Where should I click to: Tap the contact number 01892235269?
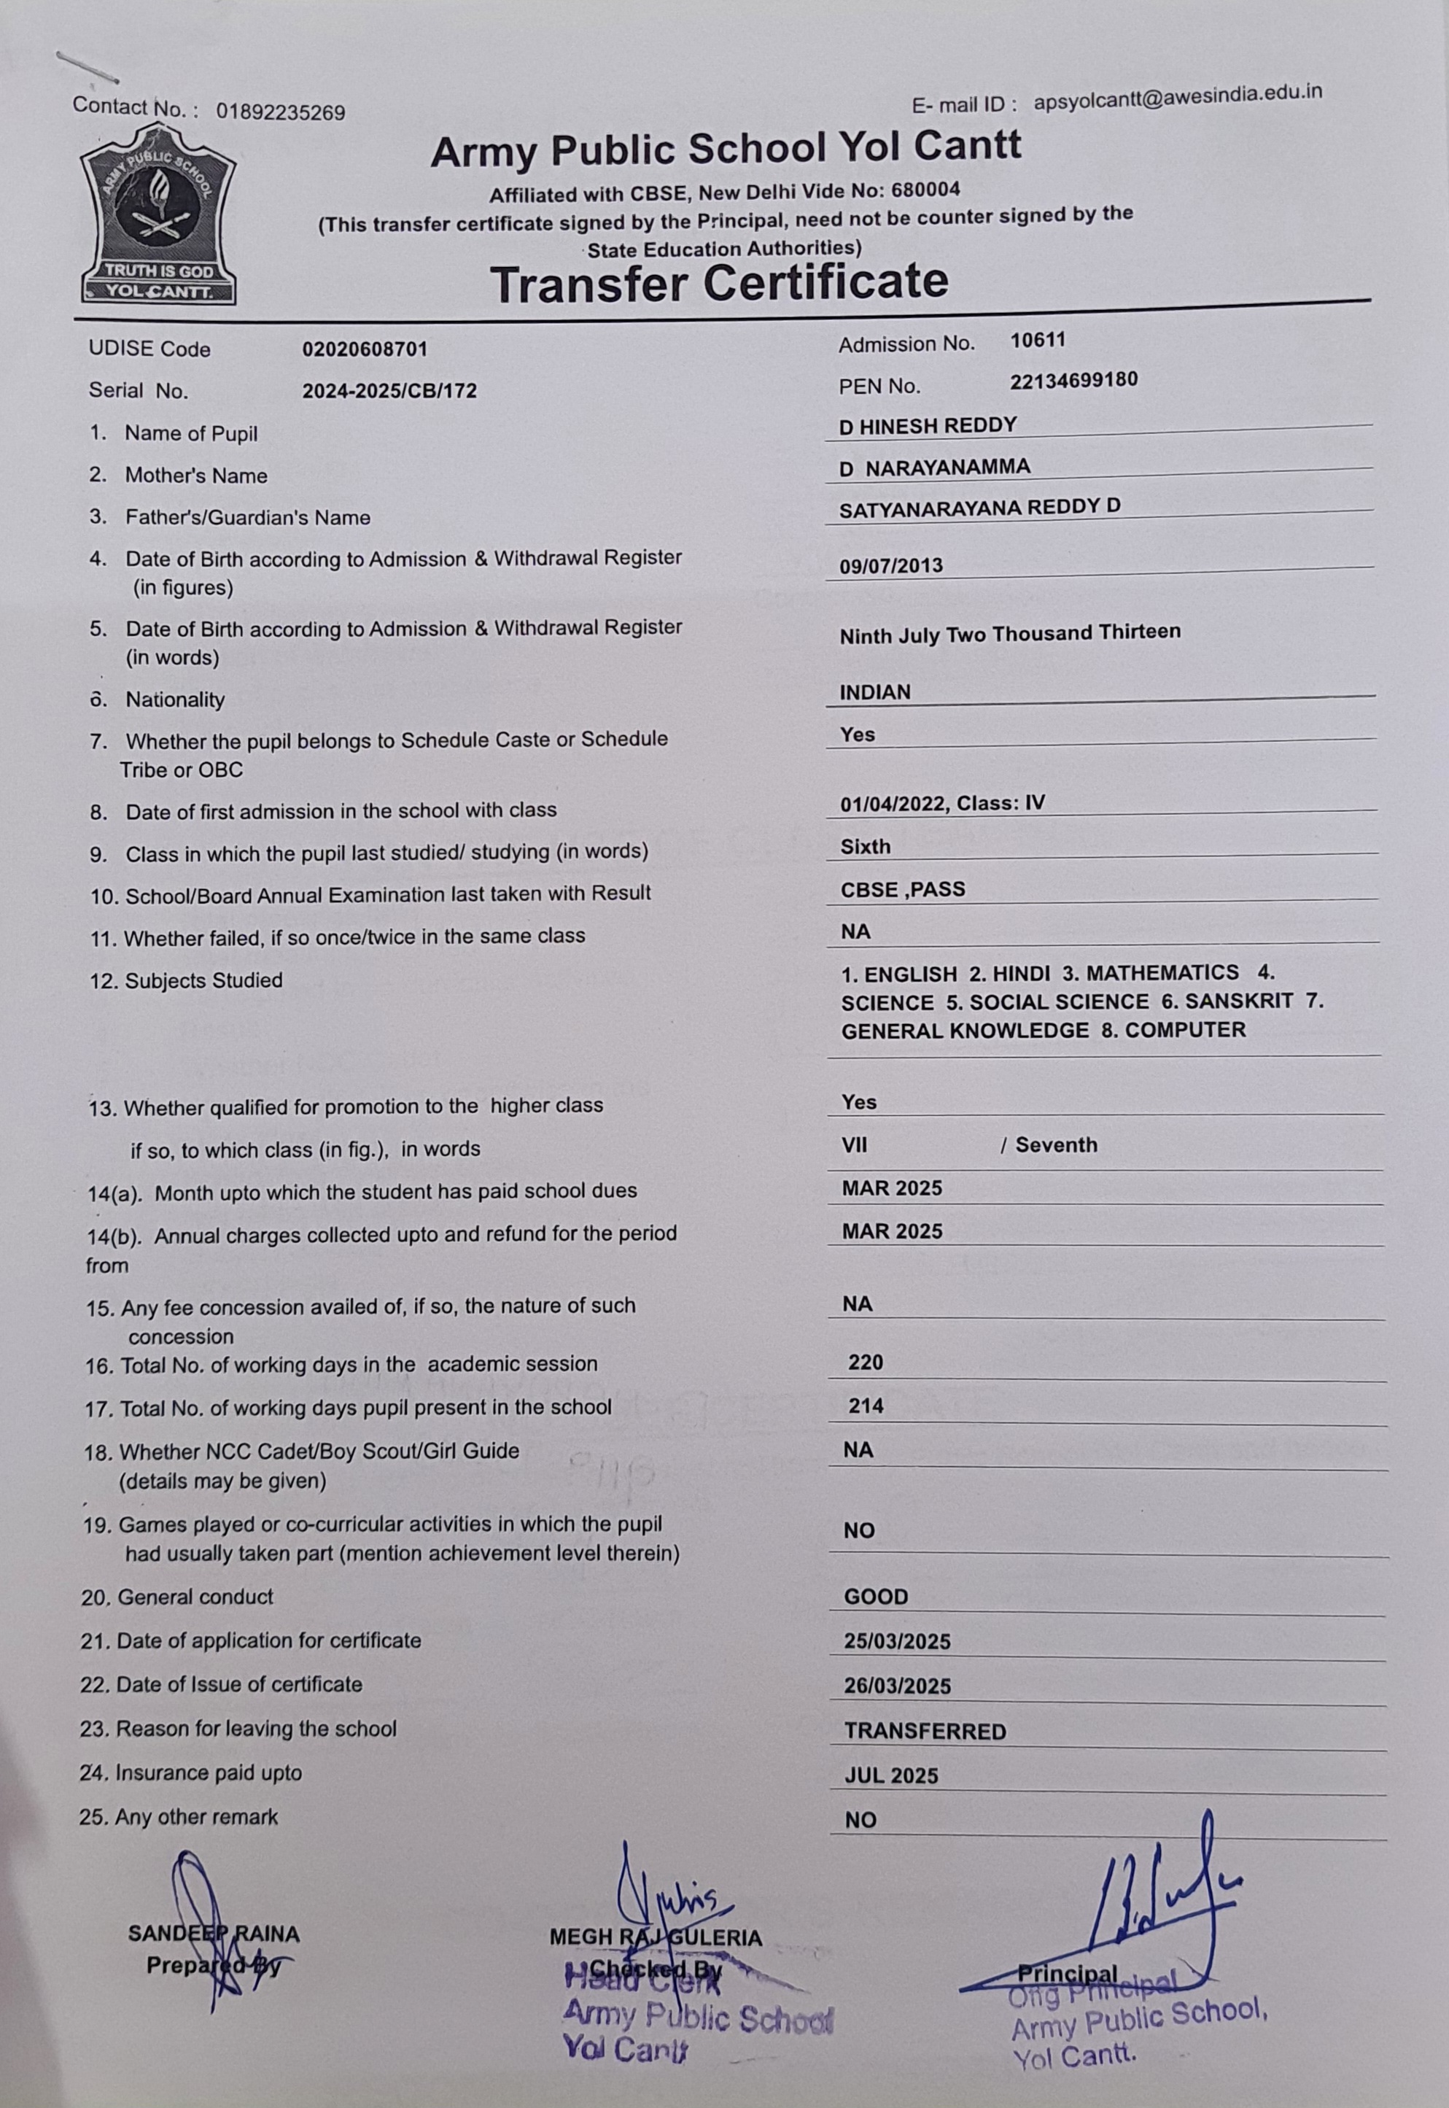pyautogui.click(x=281, y=112)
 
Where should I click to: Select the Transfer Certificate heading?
pyautogui.click(x=719, y=283)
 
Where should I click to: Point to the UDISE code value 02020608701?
pyautogui.click(x=365, y=349)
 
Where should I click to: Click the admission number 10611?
pyautogui.click(x=1038, y=341)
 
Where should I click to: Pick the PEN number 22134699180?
pyautogui.click(x=1073, y=379)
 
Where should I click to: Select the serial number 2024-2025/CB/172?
pyautogui.click(x=389, y=391)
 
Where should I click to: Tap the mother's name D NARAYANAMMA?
pyautogui.click(x=934, y=468)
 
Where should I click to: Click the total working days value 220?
pyautogui.click(x=865, y=1363)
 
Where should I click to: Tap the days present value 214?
pyautogui.click(x=865, y=1406)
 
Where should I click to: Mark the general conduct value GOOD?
pyautogui.click(x=875, y=1597)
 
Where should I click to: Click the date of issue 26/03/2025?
pyautogui.click(x=897, y=1686)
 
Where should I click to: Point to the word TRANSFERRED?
pyautogui.click(x=925, y=1731)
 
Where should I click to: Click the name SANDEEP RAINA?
pyautogui.click(x=214, y=1933)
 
